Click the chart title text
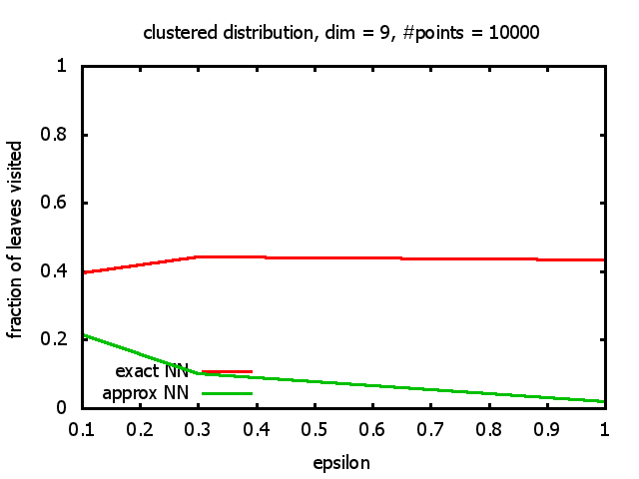(341, 32)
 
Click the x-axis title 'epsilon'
(342, 463)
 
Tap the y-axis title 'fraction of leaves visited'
(16, 239)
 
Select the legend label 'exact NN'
(160, 372)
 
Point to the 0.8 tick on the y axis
(65, 135)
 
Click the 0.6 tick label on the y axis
(65, 203)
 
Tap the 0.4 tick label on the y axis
(65, 271)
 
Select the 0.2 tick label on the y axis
(65, 339)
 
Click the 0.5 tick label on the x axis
(315, 428)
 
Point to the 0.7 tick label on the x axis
(430, 428)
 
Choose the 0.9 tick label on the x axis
(546, 428)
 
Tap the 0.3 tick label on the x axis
(199, 428)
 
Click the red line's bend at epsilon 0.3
(199, 256)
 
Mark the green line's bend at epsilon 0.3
(199, 373)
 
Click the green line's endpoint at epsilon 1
(604, 401)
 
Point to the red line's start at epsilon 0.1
(83, 272)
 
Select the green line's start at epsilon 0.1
(83, 334)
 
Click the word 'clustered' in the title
(176, 32)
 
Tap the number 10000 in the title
(513, 32)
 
